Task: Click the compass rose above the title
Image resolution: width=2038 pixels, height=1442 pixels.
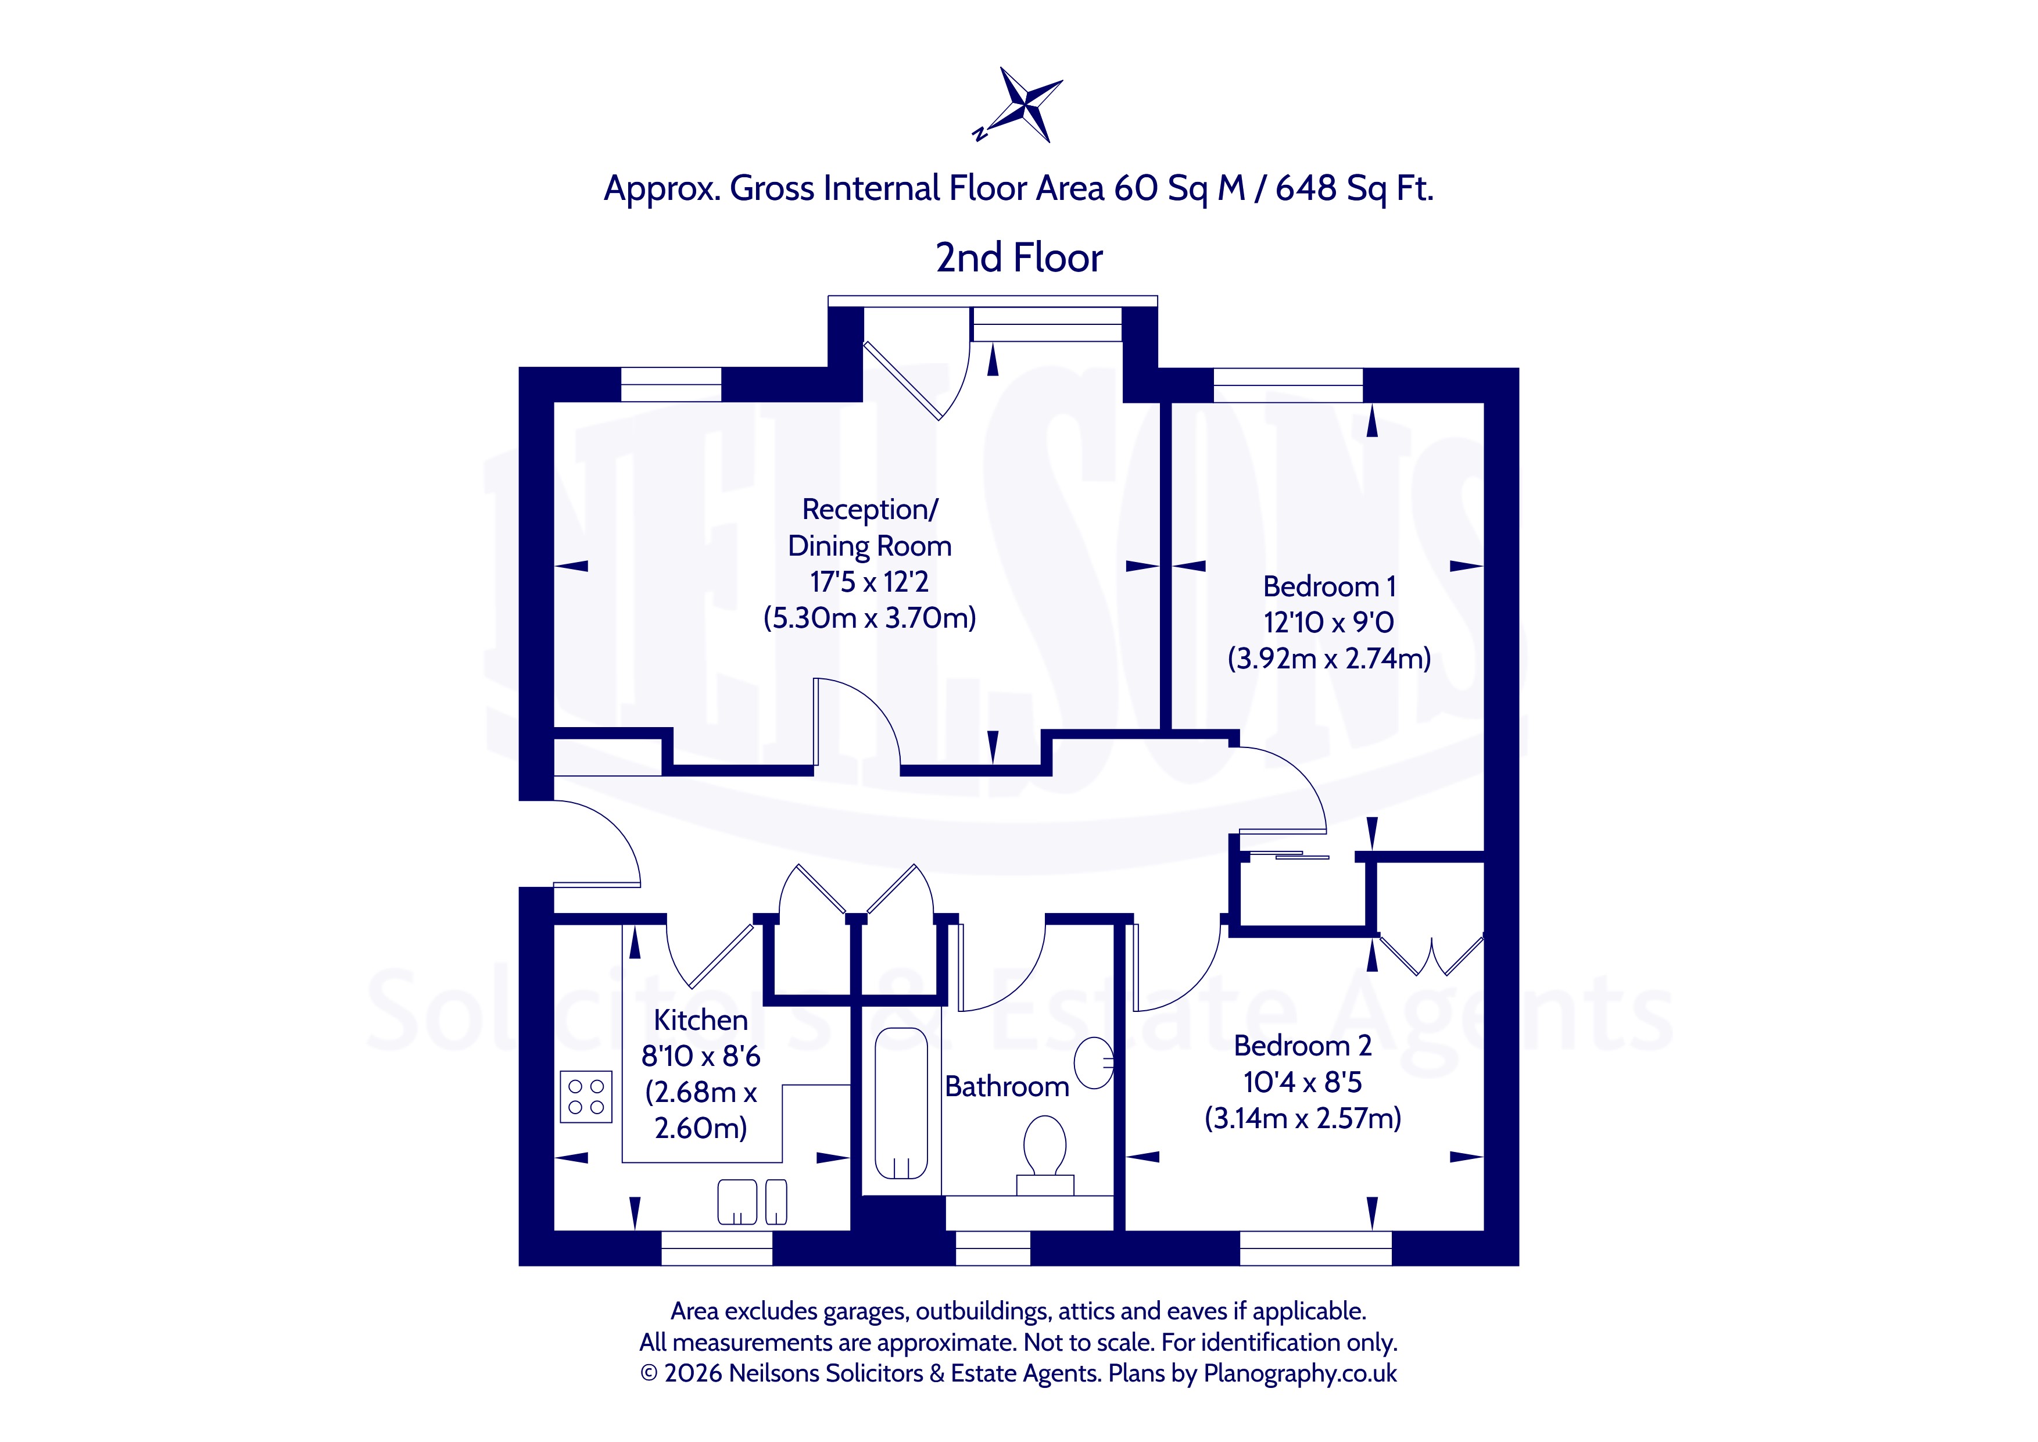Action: point(1023,105)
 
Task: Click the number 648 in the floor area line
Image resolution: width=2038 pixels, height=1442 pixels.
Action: point(1306,188)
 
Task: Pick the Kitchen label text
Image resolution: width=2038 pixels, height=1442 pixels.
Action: point(700,1020)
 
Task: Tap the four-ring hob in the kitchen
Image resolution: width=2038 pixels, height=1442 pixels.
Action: point(586,1097)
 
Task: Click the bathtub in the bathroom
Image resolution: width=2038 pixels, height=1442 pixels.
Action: point(901,1104)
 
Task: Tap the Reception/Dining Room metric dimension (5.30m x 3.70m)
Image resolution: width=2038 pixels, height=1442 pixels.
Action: point(869,617)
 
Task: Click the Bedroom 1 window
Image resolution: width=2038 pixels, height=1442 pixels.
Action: point(1287,385)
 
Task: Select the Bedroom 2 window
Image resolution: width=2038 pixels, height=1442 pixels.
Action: point(1316,1248)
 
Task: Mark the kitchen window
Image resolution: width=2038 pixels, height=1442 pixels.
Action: point(717,1248)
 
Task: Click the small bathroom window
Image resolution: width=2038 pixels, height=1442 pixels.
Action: point(993,1248)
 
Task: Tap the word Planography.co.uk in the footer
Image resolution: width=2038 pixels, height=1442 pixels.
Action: point(1301,1373)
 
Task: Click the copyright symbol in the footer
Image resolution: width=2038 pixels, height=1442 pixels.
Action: point(649,1373)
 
